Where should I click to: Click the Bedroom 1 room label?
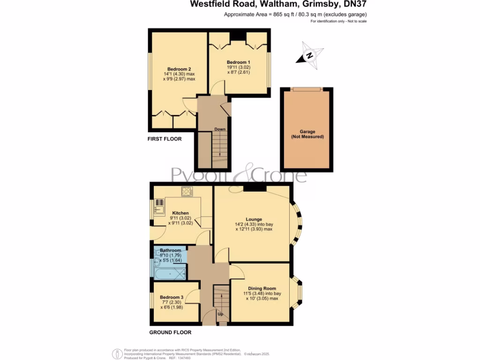(x=239, y=62)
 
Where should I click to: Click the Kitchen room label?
(x=180, y=213)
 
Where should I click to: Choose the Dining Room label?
(x=259, y=288)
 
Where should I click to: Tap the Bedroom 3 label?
(x=171, y=297)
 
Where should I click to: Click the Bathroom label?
(x=171, y=250)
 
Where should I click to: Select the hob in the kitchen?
(x=187, y=191)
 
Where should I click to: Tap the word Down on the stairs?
(x=220, y=129)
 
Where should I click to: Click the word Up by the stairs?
(x=220, y=314)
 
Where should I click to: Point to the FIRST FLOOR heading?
(x=164, y=139)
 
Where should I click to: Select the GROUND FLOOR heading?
(x=170, y=332)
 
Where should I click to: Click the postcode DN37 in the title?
(x=354, y=4)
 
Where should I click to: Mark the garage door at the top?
(x=307, y=89)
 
